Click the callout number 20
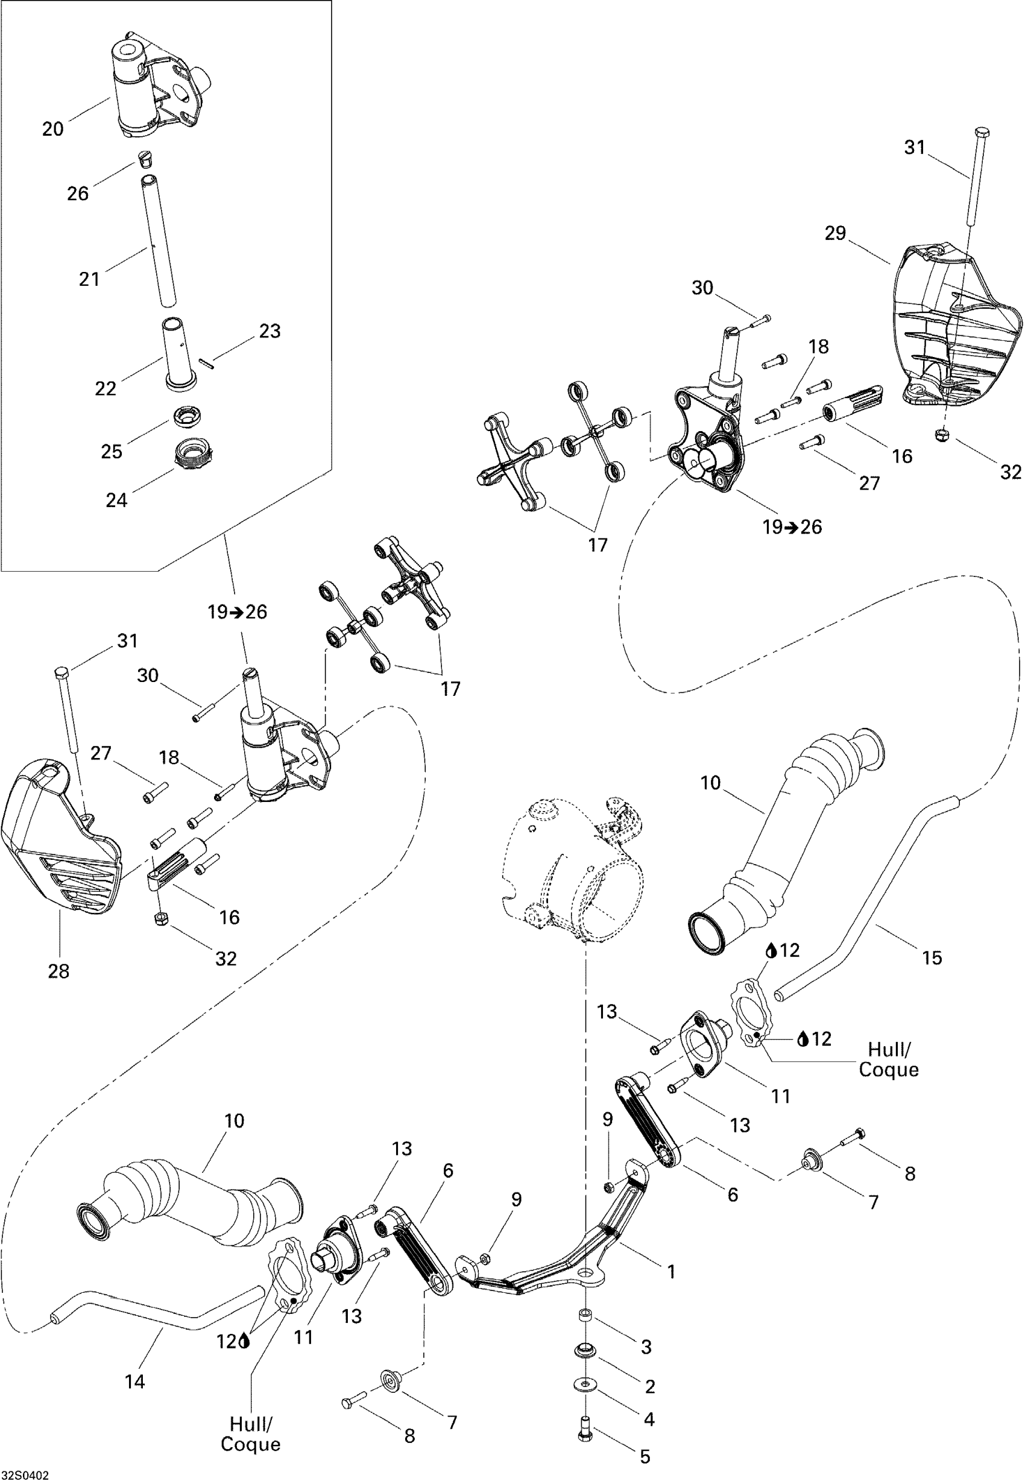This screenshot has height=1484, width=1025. coord(53,129)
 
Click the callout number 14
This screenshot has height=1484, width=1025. coord(135,1382)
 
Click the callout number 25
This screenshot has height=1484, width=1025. coord(112,452)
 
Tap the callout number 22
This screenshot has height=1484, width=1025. coord(106,388)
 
